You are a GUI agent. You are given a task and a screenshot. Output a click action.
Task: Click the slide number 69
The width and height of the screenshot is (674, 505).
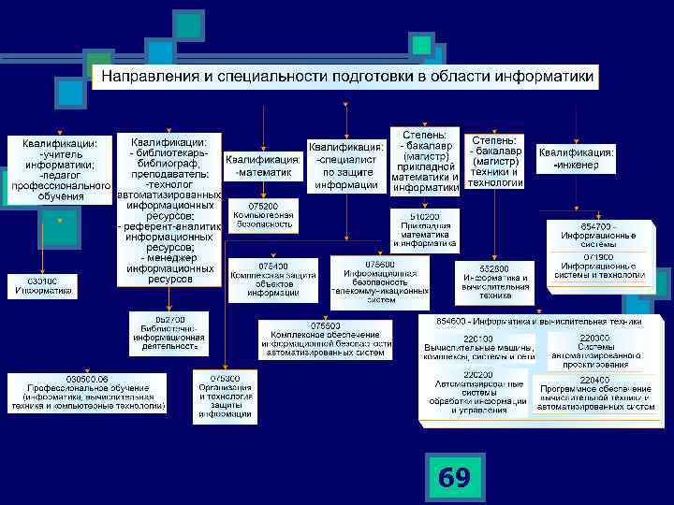(455, 478)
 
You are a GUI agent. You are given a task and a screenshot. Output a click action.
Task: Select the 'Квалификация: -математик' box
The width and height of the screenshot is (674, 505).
(263, 166)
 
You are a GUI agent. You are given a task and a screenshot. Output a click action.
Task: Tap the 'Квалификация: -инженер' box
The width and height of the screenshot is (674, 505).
(576, 159)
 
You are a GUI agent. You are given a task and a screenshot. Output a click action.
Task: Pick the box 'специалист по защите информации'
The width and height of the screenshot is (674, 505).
(346, 166)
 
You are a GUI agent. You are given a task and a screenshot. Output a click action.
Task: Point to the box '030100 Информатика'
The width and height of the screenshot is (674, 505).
(43, 285)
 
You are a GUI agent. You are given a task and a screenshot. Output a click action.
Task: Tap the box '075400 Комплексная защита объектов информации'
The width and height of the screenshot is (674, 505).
(267, 280)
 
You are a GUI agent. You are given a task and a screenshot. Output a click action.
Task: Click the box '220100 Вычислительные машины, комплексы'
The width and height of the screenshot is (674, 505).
(477, 349)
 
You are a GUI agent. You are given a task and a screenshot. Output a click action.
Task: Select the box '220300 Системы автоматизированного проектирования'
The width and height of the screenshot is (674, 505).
(594, 350)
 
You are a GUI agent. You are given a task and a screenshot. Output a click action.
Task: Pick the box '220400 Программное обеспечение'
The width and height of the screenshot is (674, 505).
(594, 394)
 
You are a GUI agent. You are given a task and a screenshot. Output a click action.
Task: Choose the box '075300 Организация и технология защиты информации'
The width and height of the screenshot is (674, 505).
(225, 397)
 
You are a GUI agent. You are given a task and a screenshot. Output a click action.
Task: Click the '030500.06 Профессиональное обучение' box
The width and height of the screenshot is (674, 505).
(87, 392)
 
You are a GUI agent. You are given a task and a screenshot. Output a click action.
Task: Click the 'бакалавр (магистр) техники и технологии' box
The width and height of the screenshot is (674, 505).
(495, 160)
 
